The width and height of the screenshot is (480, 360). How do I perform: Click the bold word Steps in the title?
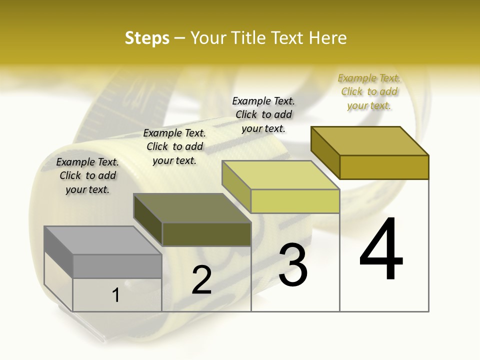(147, 38)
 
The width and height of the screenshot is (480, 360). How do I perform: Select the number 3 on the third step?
(293, 265)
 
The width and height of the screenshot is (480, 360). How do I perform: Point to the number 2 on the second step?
(201, 279)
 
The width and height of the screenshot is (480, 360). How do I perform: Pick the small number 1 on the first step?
(116, 295)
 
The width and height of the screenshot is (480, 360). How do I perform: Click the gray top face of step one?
(103, 240)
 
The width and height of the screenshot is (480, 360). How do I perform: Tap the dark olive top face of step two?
(192, 208)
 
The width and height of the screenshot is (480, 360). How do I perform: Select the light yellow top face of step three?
(280, 175)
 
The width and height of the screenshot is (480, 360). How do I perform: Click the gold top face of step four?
(370, 141)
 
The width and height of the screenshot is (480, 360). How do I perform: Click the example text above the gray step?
(87, 175)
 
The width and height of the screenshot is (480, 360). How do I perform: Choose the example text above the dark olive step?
(174, 146)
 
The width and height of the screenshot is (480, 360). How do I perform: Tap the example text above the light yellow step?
(263, 114)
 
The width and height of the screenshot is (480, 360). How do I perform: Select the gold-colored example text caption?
(369, 91)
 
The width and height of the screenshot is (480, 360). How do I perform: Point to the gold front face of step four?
(384, 167)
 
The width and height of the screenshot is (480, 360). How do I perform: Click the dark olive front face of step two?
(206, 234)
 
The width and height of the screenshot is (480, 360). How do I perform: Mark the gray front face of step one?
(117, 266)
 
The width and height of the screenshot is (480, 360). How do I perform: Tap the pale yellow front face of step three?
(295, 201)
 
